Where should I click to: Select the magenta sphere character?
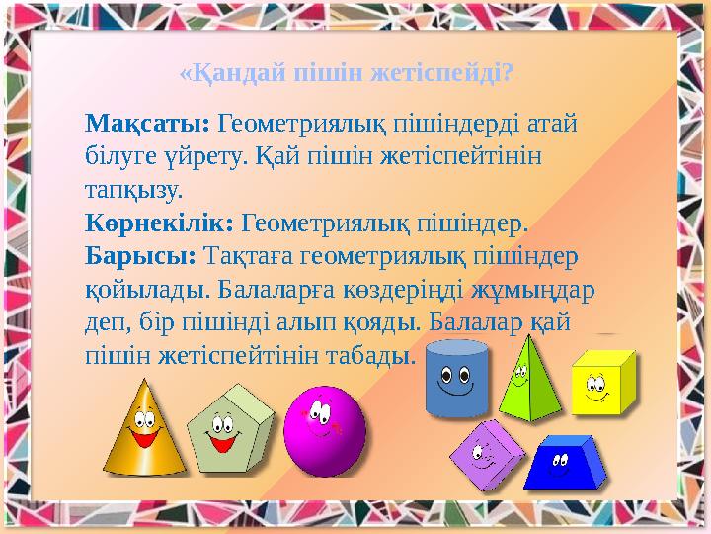(324, 431)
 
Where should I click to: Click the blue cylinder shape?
(457, 378)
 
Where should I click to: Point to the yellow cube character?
(601, 383)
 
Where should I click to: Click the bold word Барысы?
(140, 254)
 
